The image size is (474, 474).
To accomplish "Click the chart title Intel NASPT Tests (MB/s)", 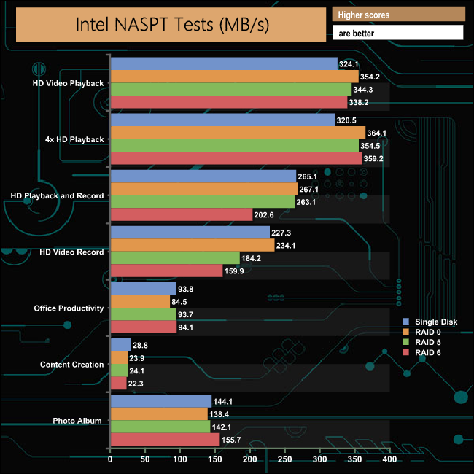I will tap(173, 24).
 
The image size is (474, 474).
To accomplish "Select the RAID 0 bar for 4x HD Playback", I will tap(237, 132).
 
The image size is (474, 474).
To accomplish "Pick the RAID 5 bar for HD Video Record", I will tap(174, 258).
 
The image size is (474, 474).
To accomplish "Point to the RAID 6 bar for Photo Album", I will tap(164, 440).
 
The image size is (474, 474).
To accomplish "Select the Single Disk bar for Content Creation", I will tap(120, 344).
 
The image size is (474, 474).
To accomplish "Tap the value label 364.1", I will tap(378, 133).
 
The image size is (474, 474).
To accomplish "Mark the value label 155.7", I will tap(233, 440).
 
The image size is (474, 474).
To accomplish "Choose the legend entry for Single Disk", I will tap(436, 322).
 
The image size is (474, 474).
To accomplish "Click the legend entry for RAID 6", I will tap(432, 353).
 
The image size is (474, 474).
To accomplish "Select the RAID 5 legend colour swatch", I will tap(407, 343).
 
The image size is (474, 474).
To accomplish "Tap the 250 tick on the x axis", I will tap(284, 460).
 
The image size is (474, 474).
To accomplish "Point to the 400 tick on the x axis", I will tap(389, 460).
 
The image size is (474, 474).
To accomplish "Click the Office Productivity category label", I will tap(69, 308).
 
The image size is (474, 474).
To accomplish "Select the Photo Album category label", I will tap(78, 421).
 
